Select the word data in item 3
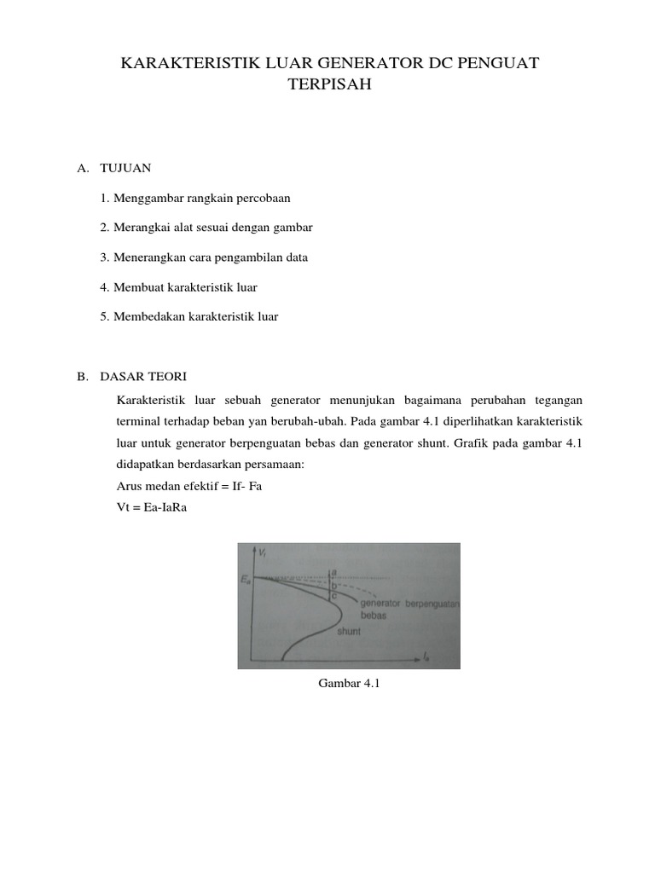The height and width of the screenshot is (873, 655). [x=294, y=257]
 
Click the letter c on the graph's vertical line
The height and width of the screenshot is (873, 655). [x=333, y=596]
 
